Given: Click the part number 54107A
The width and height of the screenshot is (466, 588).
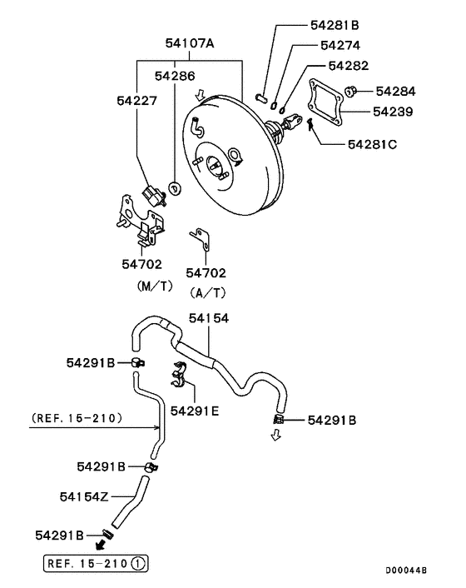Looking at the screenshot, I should pos(189,42).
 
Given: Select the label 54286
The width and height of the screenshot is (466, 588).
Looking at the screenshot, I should pos(175,76).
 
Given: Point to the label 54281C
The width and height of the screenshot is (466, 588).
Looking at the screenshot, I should pos(372,144).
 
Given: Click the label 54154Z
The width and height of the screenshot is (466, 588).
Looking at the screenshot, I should pos(85,496).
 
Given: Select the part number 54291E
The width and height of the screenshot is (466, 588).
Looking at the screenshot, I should pos(193,410).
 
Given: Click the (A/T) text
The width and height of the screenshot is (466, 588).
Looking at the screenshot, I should pos(207,292).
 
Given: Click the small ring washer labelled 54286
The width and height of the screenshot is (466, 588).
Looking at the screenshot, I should pos(174,187).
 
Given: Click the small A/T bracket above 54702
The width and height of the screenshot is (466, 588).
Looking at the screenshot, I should pos(201,239).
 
